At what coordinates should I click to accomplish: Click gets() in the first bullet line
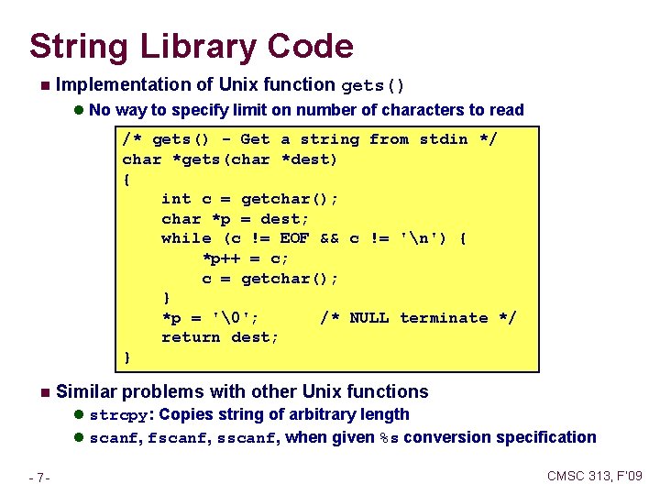click(x=373, y=86)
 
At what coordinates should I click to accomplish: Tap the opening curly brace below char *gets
click(x=126, y=179)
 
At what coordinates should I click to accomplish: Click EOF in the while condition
click(x=294, y=238)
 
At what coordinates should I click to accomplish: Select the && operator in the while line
click(x=330, y=238)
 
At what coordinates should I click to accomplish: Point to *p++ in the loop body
click(x=222, y=258)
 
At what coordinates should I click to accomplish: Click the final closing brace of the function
click(x=126, y=357)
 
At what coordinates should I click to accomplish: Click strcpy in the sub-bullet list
click(x=115, y=415)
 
